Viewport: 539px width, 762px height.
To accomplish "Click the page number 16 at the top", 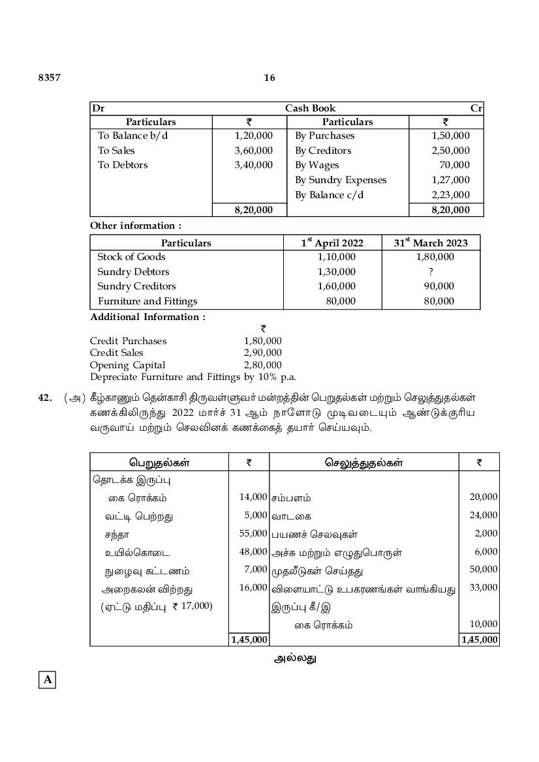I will tap(269, 78).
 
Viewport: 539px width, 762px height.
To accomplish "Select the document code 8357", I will tap(49, 78).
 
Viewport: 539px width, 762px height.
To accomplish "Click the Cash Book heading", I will tap(310, 108).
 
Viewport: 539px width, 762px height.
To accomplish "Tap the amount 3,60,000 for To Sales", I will tap(253, 151).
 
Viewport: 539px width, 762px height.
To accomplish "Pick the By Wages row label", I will tap(317, 165).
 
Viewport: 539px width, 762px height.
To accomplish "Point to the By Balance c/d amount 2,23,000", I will tap(450, 195).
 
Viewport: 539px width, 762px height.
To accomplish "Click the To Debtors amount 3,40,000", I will tap(253, 165).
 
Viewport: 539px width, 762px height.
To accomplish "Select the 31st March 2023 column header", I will tap(431, 242).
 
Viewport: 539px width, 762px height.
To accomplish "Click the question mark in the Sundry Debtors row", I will tap(431, 272).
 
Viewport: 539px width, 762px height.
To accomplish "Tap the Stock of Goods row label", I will tap(131, 257).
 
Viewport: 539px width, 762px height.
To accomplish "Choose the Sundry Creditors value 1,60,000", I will tap(337, 286).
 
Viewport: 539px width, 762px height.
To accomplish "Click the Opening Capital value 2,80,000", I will tap(262, 365).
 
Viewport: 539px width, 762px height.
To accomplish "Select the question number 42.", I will tap(45, 398).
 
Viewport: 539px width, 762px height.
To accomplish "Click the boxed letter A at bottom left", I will tap(48, 680).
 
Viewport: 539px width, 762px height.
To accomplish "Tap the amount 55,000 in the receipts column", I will tap(253, 533).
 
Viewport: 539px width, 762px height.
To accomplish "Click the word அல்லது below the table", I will tap(295, 658).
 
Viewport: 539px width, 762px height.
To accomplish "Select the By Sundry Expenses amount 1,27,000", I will tap(450, 180).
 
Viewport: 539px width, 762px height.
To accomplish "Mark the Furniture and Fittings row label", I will tap(147, 301).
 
